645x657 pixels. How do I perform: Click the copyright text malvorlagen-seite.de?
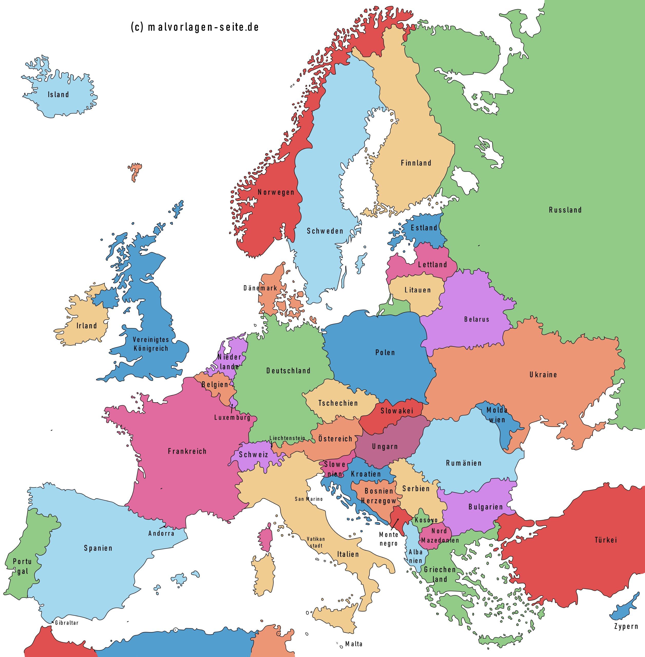195,27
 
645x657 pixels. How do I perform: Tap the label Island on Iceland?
58,94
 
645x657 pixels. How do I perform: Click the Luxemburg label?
232,418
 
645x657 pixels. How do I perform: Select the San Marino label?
309,499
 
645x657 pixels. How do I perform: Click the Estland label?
424,228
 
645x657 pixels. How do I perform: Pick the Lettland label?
432,265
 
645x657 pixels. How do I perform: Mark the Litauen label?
418,290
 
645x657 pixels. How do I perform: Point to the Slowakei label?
397,411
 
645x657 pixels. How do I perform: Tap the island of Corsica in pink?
265,538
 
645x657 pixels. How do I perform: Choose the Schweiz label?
253,455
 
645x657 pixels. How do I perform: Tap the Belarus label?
477,319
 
